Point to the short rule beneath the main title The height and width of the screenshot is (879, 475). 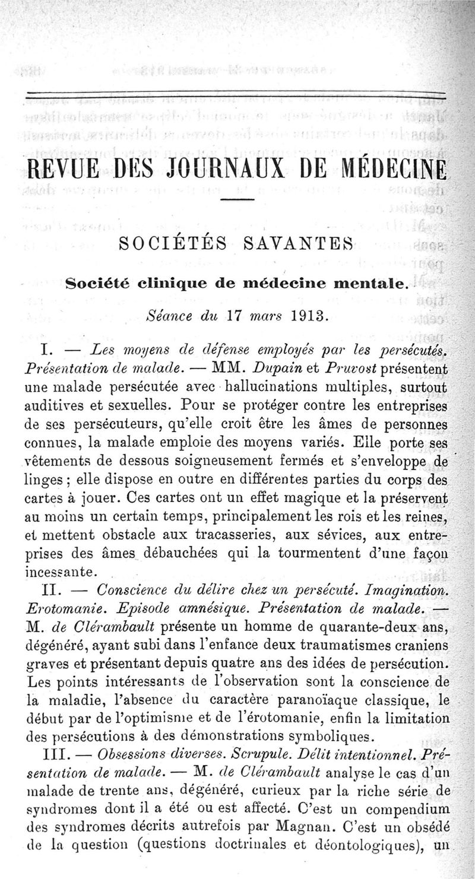tap(237, 198)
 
